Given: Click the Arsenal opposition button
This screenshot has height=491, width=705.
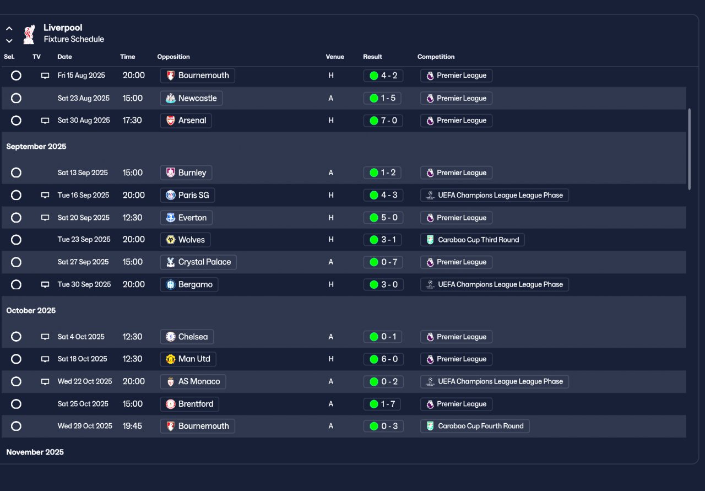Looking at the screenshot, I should pos(186,121).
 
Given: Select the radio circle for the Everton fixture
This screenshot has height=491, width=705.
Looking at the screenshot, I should pos(17,218).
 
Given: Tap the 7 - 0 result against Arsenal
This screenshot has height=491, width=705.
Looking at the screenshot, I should pos(383,121).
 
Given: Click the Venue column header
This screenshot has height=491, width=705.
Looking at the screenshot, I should pos(335,57).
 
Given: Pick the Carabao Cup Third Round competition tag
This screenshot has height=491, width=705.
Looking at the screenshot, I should pos(473,240).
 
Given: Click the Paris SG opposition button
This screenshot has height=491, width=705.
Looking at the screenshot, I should pos(187,195).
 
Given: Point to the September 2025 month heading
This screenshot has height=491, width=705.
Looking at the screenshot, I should pos(36,147).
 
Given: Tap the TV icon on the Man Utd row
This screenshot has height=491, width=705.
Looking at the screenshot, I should pos(45,359).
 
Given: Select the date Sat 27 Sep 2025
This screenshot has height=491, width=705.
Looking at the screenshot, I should pos(83,262).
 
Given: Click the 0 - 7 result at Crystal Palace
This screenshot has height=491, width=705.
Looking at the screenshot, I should pos(383,262).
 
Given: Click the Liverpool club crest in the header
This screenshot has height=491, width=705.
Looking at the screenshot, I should pos(29,34).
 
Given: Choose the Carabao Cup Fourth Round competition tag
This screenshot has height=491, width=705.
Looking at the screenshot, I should pos(475,426).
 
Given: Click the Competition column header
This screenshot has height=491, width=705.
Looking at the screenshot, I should pos(436,57).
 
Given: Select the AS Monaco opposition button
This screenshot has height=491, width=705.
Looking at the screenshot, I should pos(193,381).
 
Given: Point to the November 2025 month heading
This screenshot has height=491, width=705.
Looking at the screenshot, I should pos(35,452).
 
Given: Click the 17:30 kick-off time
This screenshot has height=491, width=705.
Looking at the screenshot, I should pos(132,121).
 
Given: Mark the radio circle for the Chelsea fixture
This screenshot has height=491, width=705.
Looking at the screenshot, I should pos(17,337).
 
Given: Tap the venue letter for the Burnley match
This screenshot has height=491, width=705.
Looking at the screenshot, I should pos(331,173).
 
